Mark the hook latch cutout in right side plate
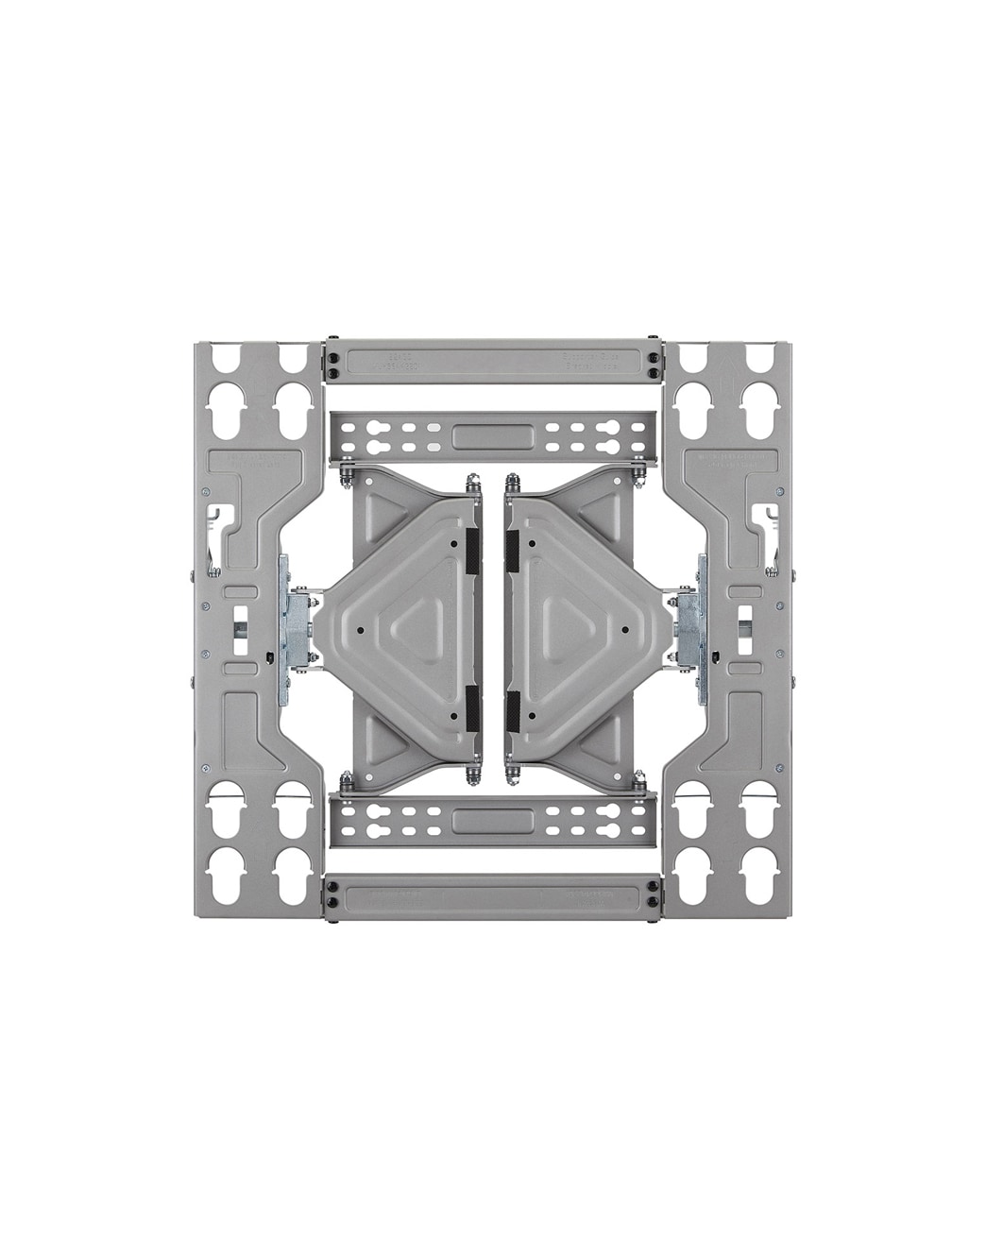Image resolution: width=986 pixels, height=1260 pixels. [x=767, y=524]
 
